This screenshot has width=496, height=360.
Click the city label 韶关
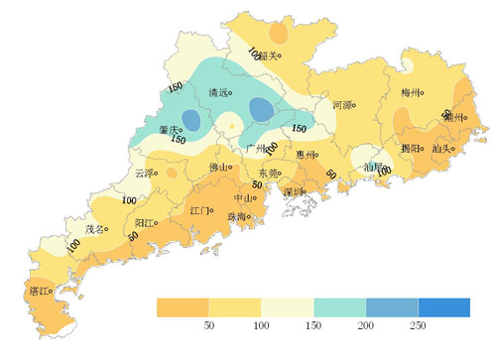[x=266, y=57]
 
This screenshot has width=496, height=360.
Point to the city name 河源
[x=341, y=104]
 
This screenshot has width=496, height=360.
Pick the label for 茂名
[x=94, y=229]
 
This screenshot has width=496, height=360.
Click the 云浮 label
[x=144, y=174]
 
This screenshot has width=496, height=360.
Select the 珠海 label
[x=237, y=216]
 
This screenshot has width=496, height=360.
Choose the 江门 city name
[x=196, y=210]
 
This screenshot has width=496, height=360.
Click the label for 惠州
[x=305, y=155]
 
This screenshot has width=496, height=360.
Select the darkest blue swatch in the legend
[x=442, y=307]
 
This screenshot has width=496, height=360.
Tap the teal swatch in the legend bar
[x=339, y=307]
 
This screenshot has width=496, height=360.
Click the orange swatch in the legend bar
[x=183, y=307]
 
